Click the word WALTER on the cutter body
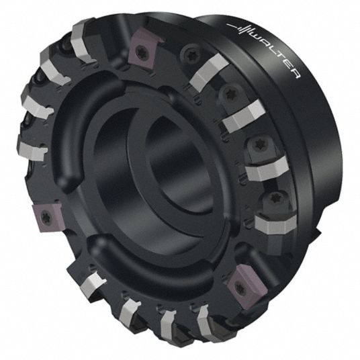pos(276,54)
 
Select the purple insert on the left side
pos(46,217)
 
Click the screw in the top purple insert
pos(140,50)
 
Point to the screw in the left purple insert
pos(44,217)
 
